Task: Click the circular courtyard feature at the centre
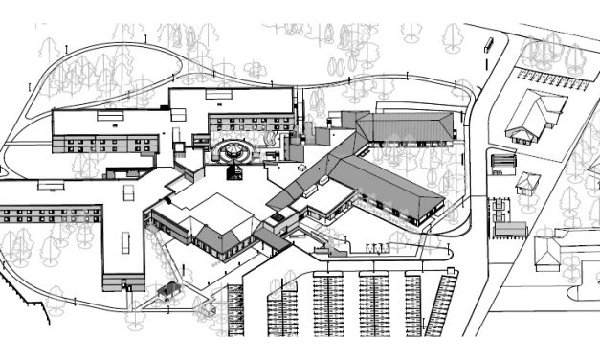233,151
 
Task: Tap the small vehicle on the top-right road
489,44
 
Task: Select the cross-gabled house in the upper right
532,115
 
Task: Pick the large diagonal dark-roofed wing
388,186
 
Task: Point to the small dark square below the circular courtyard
233,173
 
